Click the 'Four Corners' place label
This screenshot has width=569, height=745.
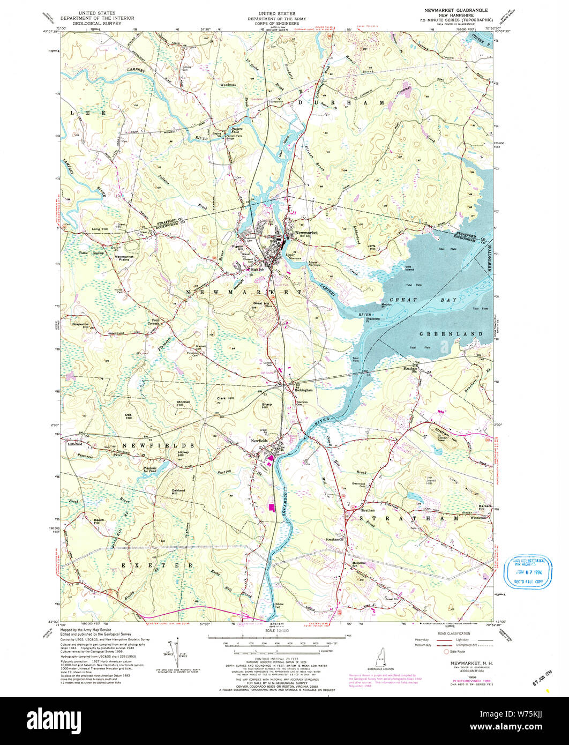(154, 323)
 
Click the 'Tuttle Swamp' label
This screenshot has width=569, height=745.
(76, 252)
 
